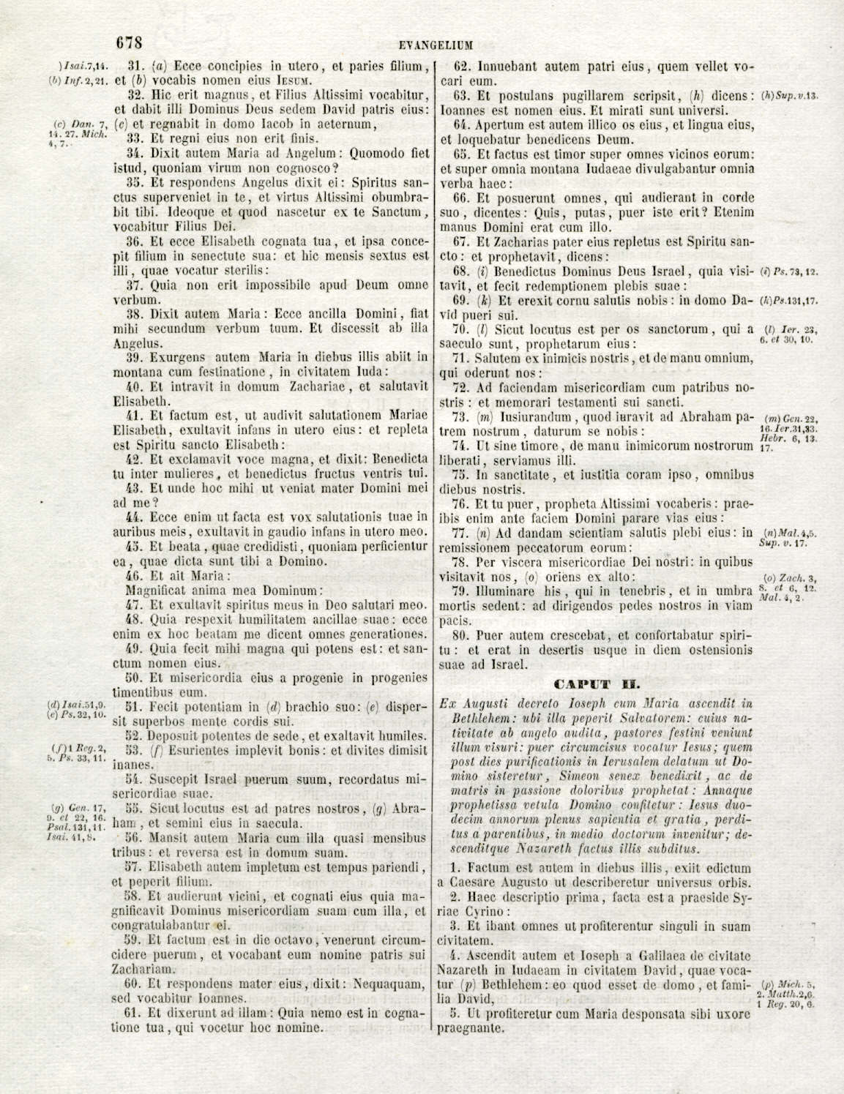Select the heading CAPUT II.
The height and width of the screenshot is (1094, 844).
(x=598, y=685)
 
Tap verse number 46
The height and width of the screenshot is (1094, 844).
(x=135, y=575)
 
